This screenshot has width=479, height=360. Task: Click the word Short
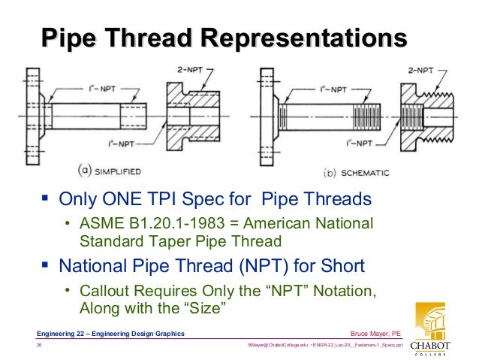[x=338, y=265]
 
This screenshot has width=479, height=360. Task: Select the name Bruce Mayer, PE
[x=375, y=333]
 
